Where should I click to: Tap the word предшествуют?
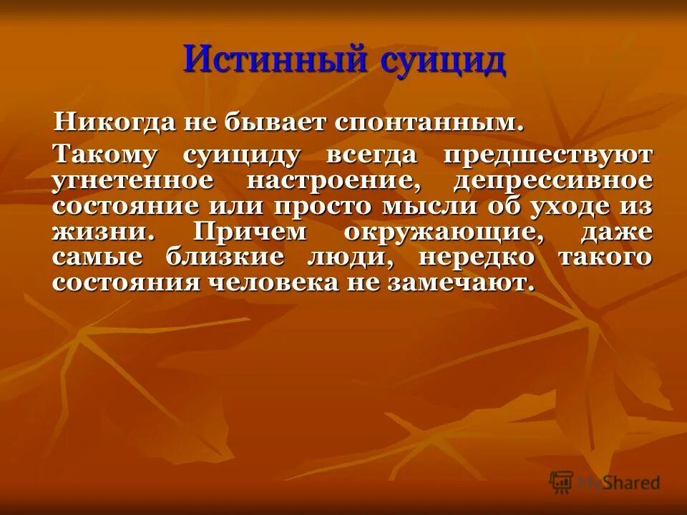547,155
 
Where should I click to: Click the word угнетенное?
132,181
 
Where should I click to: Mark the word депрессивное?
552,181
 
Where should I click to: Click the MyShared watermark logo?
605,482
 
